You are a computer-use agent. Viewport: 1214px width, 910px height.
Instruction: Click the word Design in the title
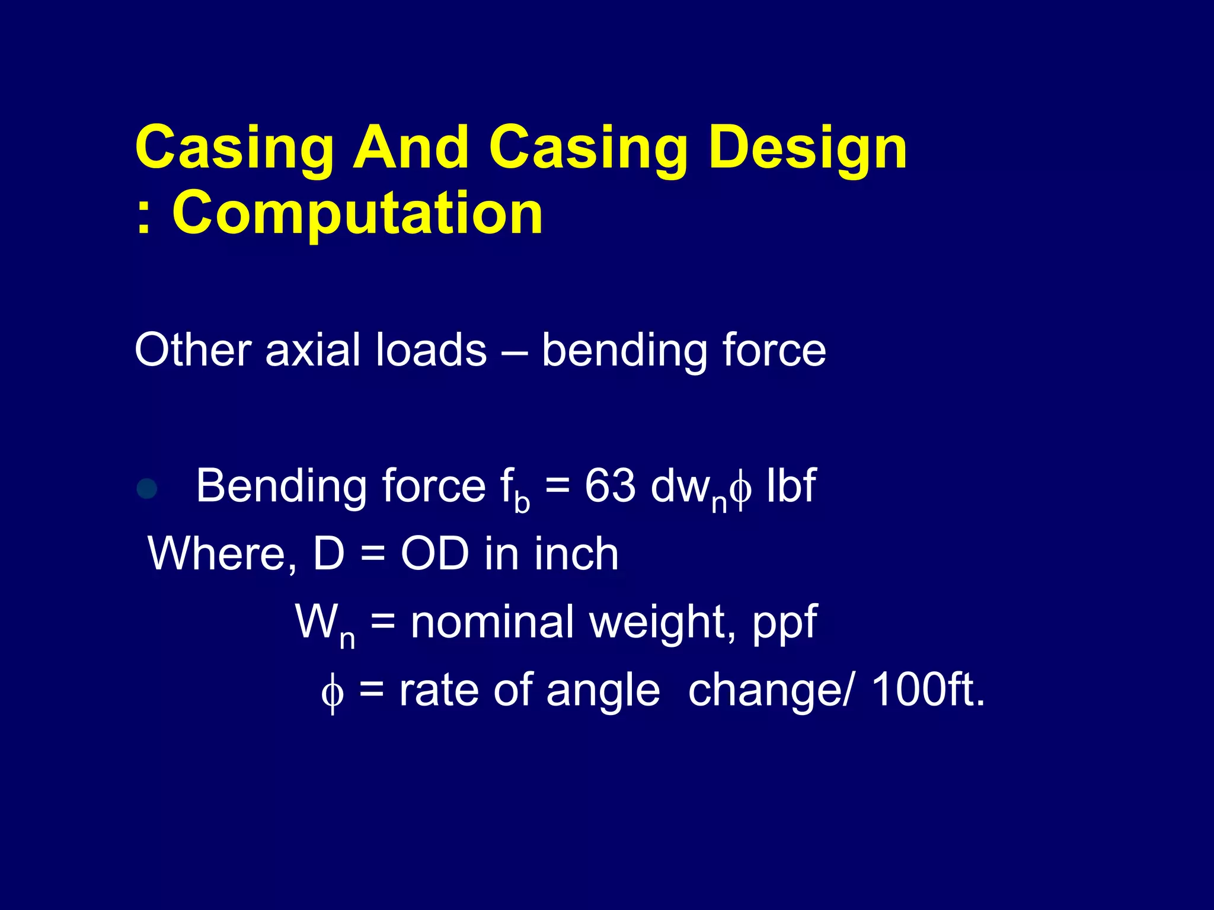(807, 148)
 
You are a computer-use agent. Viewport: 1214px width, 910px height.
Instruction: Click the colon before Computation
(142, 214)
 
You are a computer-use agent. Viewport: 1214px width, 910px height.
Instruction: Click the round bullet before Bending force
(146, 489)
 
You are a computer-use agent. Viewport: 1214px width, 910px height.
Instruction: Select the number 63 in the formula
(610, 486)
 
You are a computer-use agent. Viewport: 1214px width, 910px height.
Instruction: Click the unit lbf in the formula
(791, 486)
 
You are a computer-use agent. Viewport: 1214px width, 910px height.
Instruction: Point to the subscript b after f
(522, 502)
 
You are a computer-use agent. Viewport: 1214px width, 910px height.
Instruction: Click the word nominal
(492, 622)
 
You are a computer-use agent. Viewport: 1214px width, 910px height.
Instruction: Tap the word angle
(603, 692)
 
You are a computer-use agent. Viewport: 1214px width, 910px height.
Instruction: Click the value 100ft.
(928, 690)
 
